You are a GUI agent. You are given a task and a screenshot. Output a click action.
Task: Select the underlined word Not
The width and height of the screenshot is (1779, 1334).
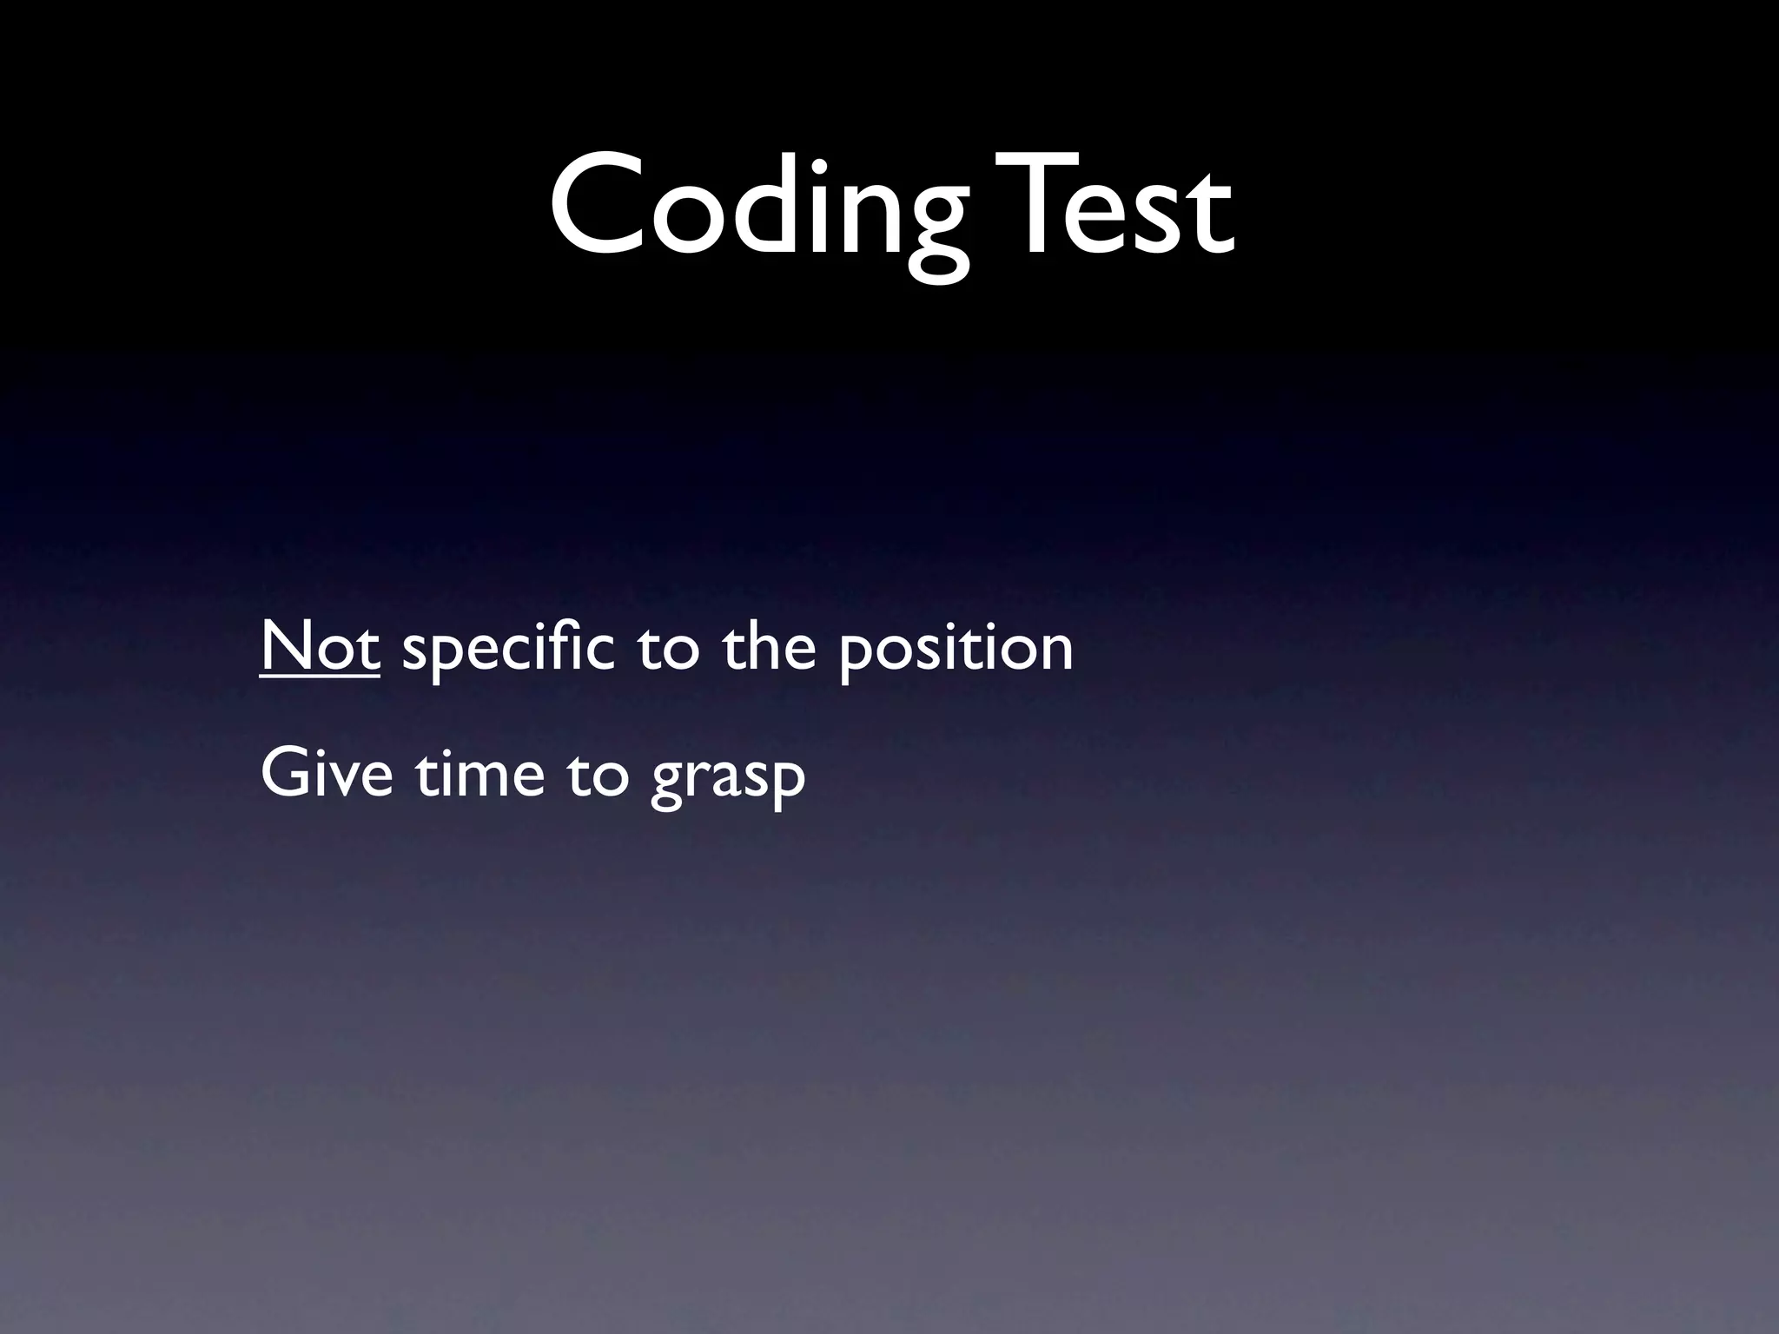click(x=320, y=647)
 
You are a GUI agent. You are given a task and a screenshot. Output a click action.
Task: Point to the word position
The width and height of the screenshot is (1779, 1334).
click(x=956, y=650)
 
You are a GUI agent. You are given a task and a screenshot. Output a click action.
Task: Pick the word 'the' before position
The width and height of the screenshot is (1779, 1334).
click(x=770, y=646)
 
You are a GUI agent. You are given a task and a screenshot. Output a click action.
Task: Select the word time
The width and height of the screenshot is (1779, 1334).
click(x=479, y=772)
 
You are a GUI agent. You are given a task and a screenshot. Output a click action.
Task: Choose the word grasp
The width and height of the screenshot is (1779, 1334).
click(x=728, y=778)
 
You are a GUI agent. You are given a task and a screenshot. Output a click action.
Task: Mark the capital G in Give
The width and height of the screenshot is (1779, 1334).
click(x=284, y=772)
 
